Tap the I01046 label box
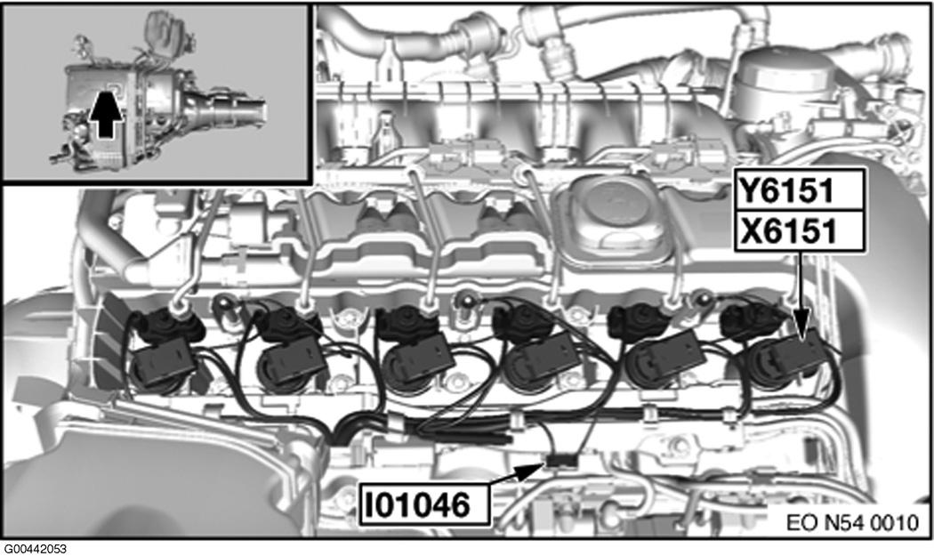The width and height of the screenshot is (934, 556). (424, 505)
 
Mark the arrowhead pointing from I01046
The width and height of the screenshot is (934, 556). (531, 470)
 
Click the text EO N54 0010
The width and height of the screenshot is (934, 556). (852, 523)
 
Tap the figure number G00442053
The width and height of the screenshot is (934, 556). (35, 549)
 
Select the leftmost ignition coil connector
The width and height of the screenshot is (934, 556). (162, 365)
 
